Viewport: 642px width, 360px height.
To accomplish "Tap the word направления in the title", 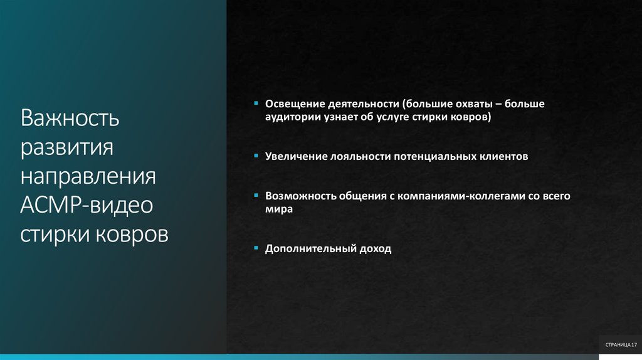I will [x=88, y=176].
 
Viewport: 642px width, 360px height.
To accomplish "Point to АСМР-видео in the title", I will [x=86, y=205].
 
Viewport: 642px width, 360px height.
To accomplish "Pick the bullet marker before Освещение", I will [x=256, y=103].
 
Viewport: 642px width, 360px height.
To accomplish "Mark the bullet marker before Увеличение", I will [x=256, y=156].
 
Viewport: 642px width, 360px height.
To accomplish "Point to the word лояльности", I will [x=359, y=156].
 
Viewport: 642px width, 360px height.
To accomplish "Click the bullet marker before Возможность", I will [x=256, y=195].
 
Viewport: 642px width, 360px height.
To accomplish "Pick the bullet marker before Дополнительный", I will [x=256, y=248].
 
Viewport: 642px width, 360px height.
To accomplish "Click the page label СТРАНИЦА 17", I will [x=620, y=345].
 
